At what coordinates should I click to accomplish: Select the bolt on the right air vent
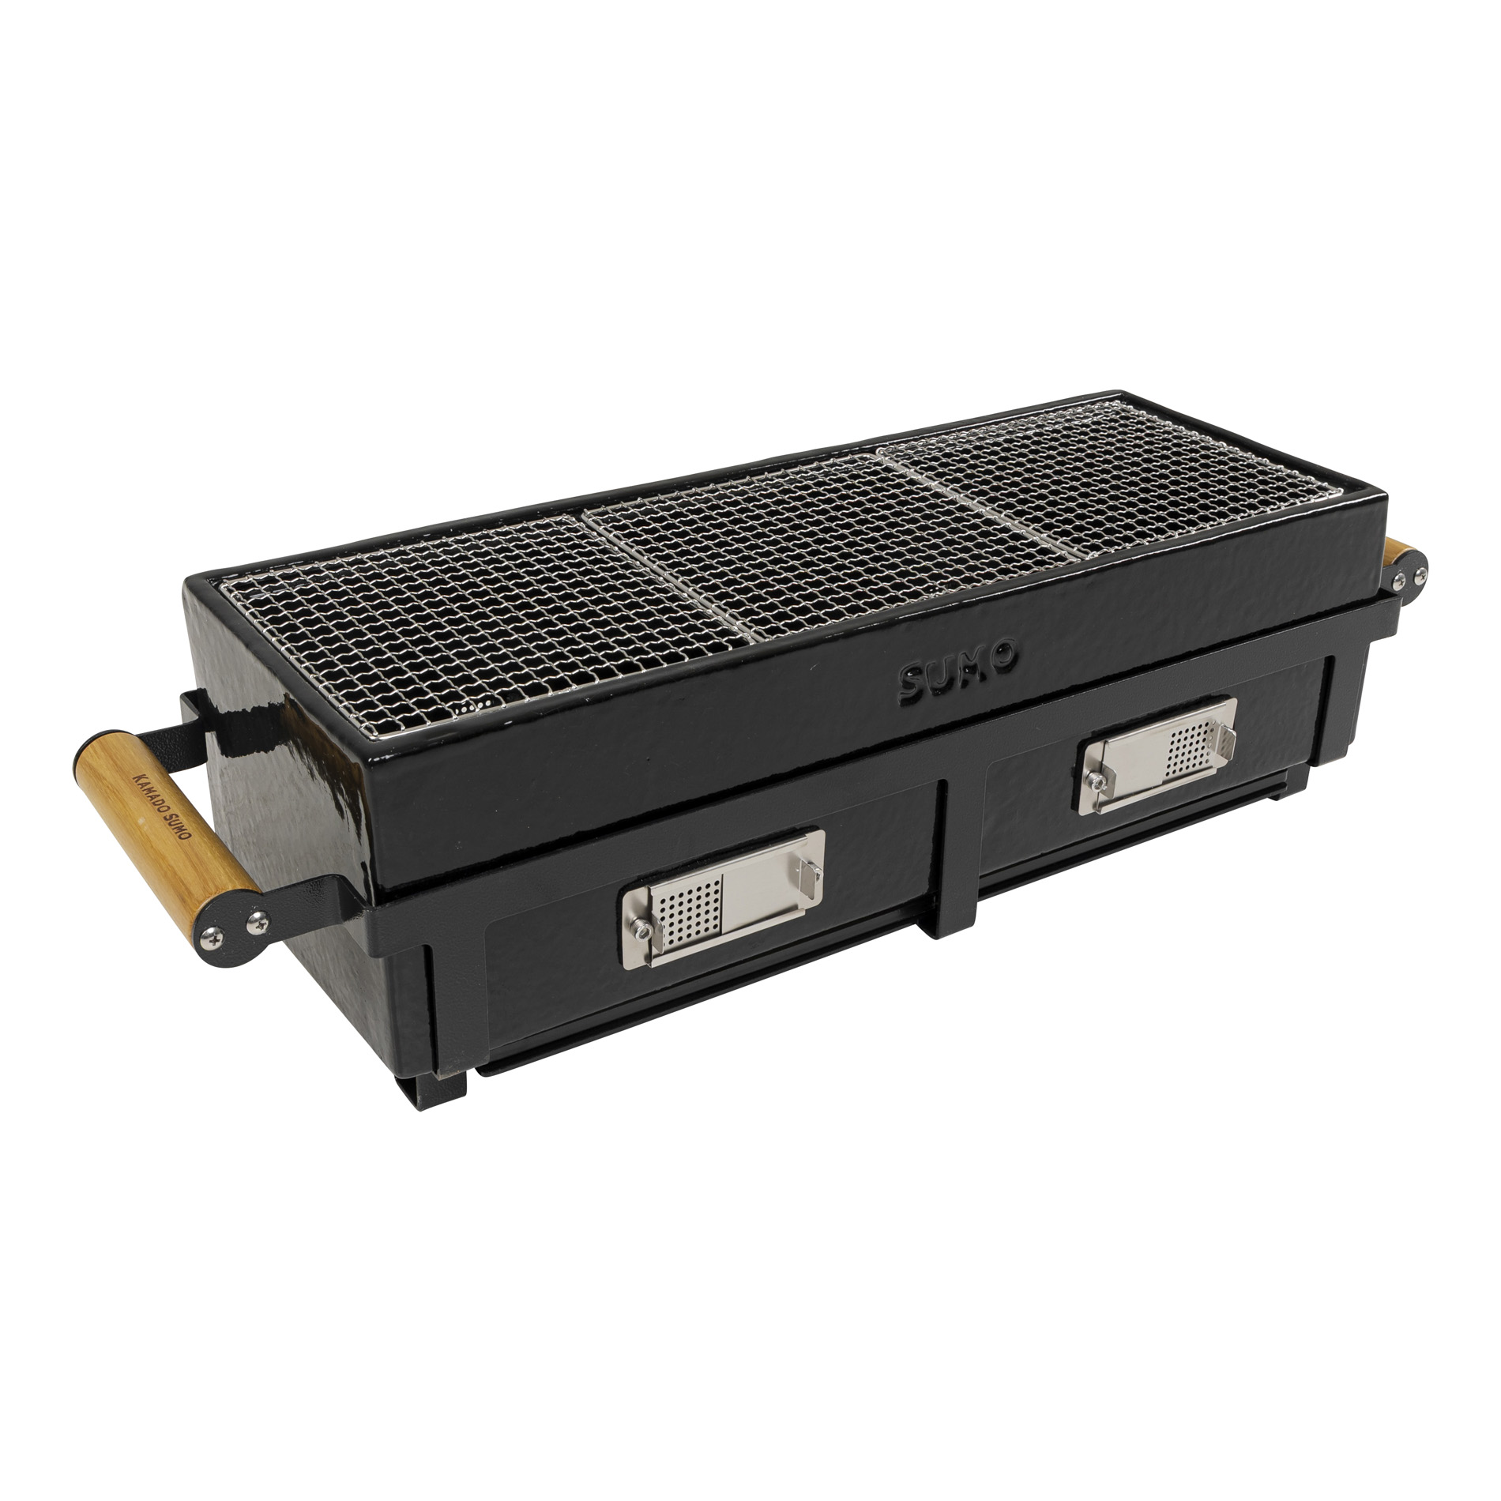(1096, 781)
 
